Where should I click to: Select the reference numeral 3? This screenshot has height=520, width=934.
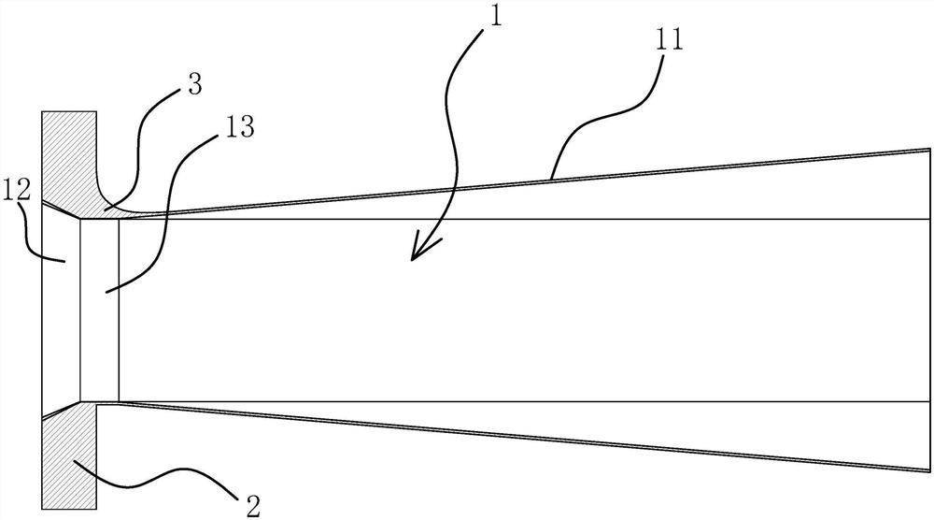194,86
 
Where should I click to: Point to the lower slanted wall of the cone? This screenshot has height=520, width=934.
523,437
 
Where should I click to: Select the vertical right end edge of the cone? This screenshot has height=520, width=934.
930,309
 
